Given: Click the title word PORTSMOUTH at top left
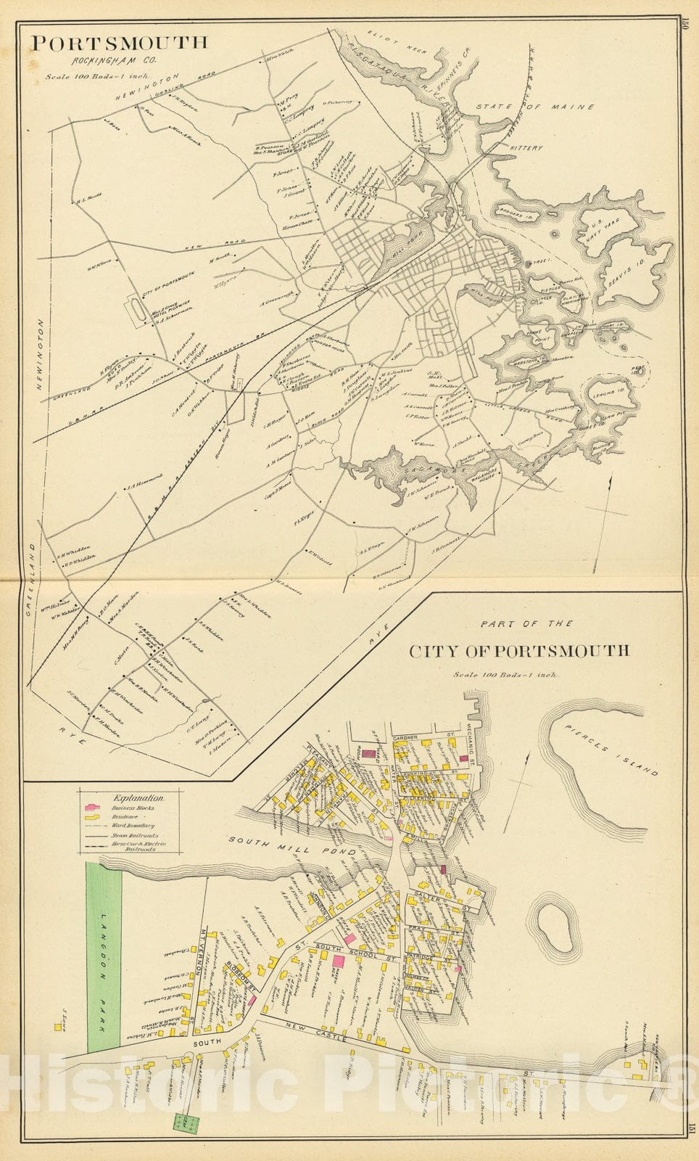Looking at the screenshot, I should [118, 42].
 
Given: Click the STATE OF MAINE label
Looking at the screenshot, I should [535, 107].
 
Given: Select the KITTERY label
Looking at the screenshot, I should [526, 147].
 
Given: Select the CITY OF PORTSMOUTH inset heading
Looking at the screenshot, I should [519, 650].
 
